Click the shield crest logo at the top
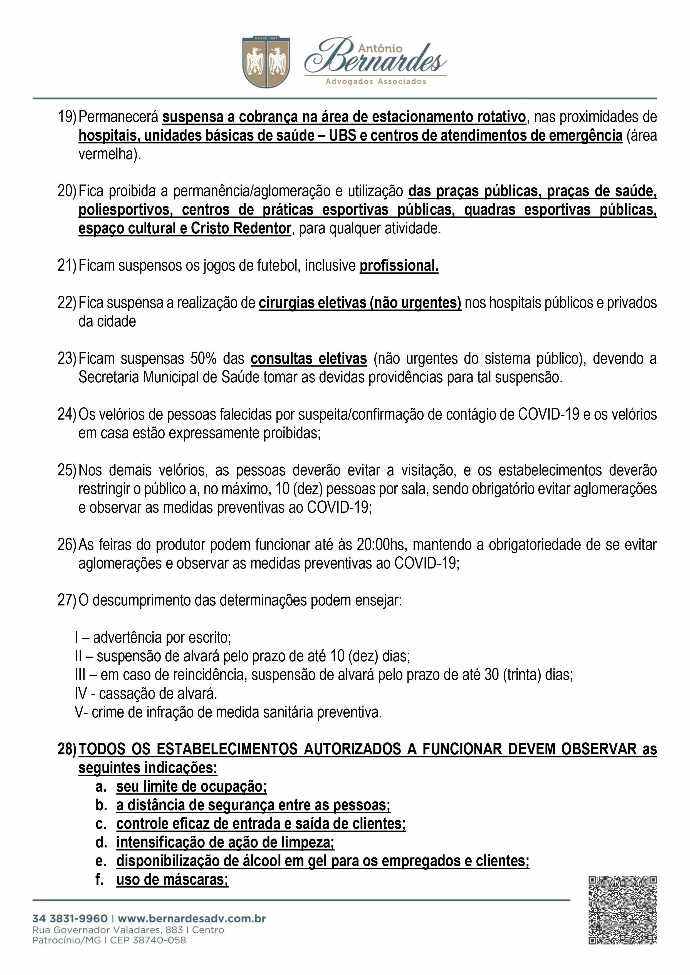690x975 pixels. point(266,62)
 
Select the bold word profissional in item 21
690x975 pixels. point(399,266)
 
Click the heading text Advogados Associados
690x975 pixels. point(375,81)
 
